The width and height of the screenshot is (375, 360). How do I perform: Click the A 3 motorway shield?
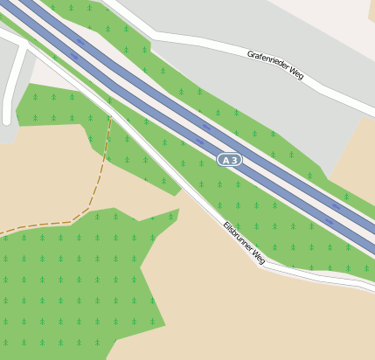229,161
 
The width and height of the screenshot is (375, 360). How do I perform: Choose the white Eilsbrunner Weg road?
192,192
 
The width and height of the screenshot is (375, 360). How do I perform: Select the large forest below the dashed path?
70,280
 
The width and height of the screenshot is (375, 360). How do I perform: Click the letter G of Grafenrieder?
249,53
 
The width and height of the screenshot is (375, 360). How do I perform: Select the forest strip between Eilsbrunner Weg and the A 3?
262,218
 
